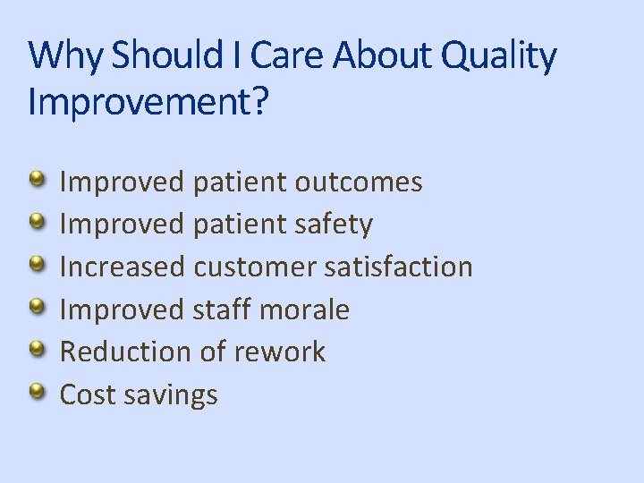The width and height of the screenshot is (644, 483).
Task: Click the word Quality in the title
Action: pos(507,57)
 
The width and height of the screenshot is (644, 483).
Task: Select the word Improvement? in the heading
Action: pos(148,101)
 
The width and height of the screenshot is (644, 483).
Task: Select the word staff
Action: pos(222,310)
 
